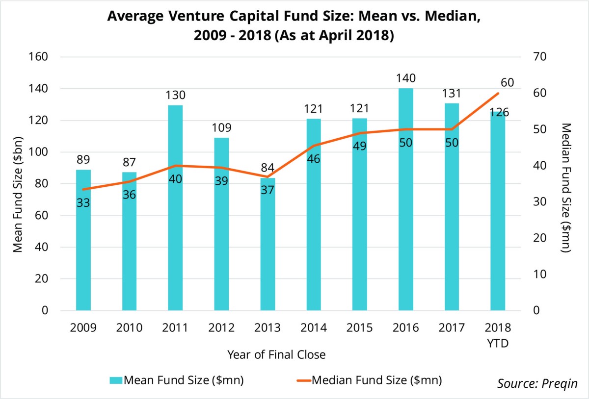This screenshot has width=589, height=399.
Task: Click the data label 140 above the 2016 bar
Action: [406, 78]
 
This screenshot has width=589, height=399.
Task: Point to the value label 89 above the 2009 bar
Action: [83, 159]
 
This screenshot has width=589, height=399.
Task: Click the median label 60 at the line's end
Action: [507, 82]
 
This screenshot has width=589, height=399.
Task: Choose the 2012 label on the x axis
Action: [221, 328]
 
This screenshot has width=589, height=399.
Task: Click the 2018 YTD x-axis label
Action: [498, 335]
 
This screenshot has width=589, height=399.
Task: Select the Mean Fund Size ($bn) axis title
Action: [18, 184]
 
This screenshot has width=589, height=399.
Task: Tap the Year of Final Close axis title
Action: [276, 354]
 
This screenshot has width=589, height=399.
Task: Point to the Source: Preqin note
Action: [537, 383]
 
